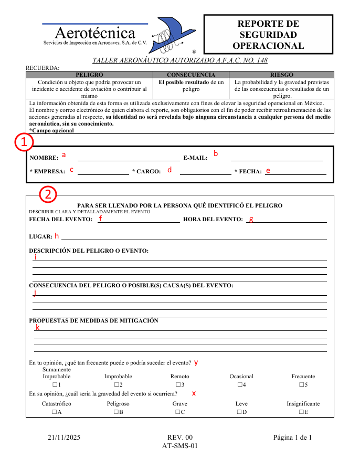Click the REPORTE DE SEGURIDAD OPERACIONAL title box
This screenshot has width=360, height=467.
(268, 35)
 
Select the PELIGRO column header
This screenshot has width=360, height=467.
(89, 75)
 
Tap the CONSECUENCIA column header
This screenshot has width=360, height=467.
(191, 75)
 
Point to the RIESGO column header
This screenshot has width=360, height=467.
(282, 75)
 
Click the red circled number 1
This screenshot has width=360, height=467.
(24, 142)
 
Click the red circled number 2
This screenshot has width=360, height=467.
(48, 194)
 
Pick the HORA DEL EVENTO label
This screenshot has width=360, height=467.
(213, 219)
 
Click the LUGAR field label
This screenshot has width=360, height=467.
(40, 237)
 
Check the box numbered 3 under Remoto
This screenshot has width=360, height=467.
(177, 385)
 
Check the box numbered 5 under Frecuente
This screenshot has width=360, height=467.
(301, 385)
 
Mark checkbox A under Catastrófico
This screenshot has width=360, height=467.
(54, 412)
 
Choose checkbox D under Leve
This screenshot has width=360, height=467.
(239, 412)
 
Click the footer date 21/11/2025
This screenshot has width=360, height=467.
(64, 437)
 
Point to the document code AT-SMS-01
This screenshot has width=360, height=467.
(180, 446)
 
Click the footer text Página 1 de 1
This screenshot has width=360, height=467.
(292, 437)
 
